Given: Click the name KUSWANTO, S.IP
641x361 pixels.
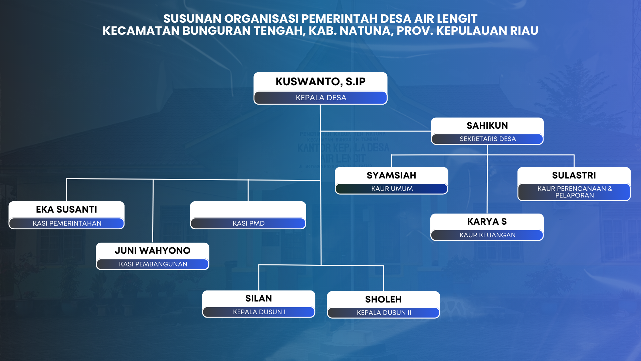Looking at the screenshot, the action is [320, 82].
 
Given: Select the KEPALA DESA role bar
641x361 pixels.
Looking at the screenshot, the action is [320, 98].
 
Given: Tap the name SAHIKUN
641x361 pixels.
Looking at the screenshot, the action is [487, 126].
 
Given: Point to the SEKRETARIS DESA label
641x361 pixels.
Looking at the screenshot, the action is [487, 139].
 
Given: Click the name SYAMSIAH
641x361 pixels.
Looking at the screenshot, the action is [391, 175].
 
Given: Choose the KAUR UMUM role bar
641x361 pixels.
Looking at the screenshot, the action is [392, 189].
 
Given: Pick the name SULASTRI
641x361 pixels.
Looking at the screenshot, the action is [574, 175].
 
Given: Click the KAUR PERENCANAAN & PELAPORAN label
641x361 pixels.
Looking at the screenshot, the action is [575, 192].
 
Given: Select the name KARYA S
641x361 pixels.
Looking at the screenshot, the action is [487, 222].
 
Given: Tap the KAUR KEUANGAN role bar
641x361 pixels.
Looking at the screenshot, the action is [487, 235].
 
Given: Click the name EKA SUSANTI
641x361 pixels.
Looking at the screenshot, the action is [66, 210].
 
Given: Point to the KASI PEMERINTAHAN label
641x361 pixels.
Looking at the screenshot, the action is [67, 223].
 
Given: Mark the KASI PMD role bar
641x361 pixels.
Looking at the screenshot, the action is [248, 223].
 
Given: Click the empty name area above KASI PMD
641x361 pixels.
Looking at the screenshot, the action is [248, 210].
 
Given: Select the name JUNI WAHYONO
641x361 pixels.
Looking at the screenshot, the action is [153, 251].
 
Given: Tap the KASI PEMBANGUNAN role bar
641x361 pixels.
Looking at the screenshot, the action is [153, 264].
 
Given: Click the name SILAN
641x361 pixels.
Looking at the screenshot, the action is [258, 298].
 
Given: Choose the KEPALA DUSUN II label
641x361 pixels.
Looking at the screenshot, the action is [384, 313].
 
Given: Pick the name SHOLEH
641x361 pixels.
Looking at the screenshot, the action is [383, 299].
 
